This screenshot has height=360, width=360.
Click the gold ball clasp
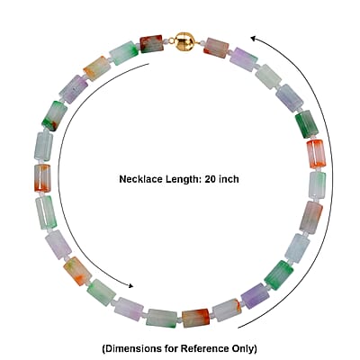point(183,40)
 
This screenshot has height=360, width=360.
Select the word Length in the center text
point(184,179)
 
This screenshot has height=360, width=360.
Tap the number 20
point(211,179)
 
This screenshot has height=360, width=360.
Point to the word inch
point(229,179)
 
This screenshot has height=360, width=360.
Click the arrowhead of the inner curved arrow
point(130,285)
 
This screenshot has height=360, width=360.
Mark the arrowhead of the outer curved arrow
point(254,38)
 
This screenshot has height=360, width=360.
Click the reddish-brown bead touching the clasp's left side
point(151,44)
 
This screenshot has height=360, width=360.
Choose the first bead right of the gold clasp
point(216,48)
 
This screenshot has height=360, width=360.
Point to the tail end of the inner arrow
point(148,64)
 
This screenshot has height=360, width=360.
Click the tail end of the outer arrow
point(238,328)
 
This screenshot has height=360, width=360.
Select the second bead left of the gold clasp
point(124,53)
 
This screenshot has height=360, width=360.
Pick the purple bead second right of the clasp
point(244,59)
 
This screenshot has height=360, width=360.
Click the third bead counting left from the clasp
point(96,68)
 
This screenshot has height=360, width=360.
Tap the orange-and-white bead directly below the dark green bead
point(316,154)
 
